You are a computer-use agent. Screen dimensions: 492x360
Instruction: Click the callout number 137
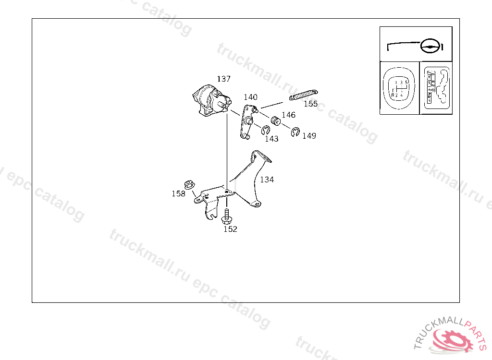pos(223,79)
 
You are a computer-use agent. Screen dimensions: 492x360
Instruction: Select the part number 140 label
pos(250,97)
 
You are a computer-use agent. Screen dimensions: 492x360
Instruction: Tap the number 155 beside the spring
pos(310,104)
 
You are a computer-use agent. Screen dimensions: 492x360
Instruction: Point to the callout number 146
pos(288,115)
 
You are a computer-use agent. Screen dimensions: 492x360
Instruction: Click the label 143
pos(271,139)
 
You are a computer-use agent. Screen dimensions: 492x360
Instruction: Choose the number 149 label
pos(309,136)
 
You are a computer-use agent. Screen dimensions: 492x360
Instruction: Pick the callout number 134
pos(267,180)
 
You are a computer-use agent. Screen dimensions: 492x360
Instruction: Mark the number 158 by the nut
pos(178,193)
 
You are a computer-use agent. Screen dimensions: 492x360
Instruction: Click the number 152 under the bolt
pos(230,229)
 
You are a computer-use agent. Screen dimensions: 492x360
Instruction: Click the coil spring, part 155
pos(304,96)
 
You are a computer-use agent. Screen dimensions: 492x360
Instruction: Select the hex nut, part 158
pos(189,184)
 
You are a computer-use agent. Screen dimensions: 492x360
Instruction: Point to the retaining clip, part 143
pos(266,130)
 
